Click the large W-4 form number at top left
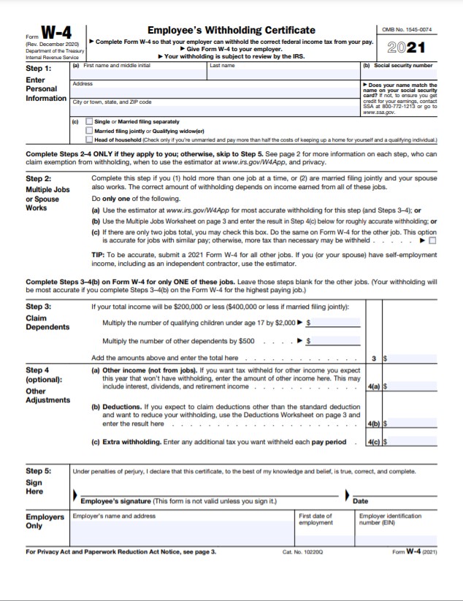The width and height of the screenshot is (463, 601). [56, 33]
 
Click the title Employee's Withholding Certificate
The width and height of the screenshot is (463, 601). [231, 30]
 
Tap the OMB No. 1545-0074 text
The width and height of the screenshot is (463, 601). [407, 29]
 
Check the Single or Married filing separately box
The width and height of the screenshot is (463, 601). [89, 121]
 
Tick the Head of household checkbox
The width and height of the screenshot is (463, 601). [89, 139]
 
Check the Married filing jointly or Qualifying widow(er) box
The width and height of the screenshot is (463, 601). [89, 131]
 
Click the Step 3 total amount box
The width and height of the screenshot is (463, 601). [413, 359]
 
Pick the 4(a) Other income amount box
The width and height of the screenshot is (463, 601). [413, 386]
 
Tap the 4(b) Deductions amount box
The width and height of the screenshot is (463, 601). [413, 424]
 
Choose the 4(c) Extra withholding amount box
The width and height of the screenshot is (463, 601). [413, 442]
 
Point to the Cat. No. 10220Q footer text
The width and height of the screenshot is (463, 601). [302, 551]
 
